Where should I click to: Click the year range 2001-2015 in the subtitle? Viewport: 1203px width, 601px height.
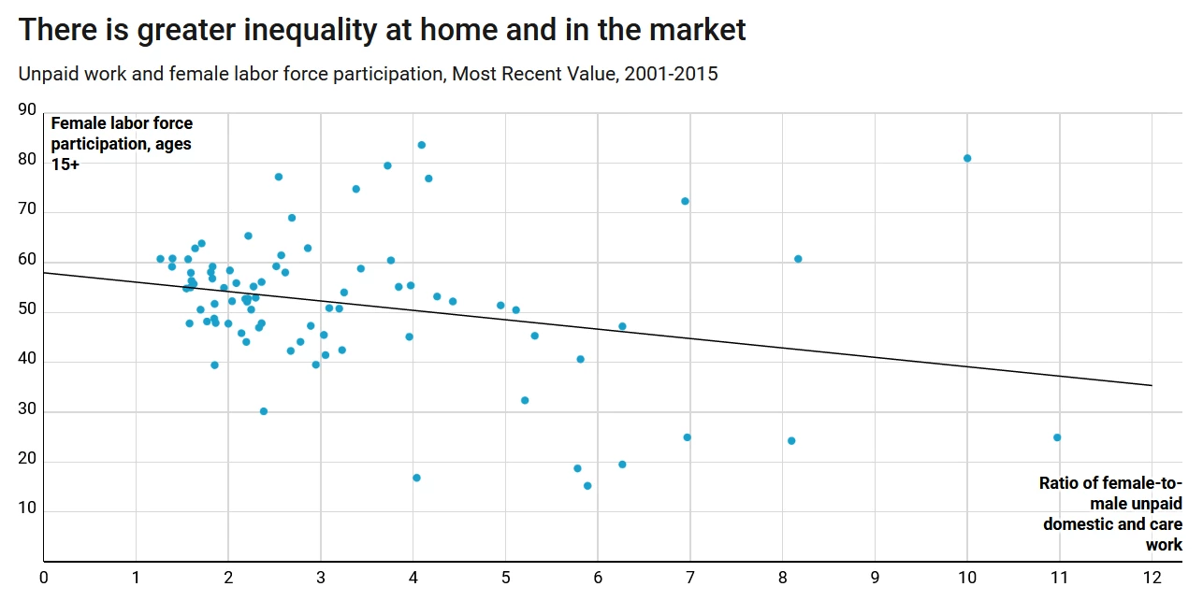[x=670, y=73]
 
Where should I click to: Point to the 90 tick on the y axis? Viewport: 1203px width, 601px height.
[x=26, y=109]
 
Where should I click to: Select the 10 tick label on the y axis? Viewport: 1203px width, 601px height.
[x=26, y=509]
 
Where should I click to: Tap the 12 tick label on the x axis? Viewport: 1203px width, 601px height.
[x=1152, y=578]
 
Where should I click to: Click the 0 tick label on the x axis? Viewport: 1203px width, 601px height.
[x=43, y=578]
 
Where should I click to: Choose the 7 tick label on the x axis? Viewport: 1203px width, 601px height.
[x=689, y=578]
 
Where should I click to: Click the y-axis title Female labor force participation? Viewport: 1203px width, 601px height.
[x=122, y=143]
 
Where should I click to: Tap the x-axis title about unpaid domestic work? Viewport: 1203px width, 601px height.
[x=1111, y=513]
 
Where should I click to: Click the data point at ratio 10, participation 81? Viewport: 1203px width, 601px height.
[x=967, y=158]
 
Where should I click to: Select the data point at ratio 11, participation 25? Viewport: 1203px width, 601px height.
[x=1057, y=437]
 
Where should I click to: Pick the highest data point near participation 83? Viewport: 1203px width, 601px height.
[x=422, y=145]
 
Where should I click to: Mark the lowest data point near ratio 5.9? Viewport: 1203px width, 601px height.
[x=587, y=486]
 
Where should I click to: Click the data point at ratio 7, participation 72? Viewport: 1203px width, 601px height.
[x=685, y=201]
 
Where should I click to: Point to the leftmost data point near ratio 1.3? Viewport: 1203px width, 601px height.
[x=160, y=259]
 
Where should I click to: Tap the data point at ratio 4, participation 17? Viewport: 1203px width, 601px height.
[x=416, y=478]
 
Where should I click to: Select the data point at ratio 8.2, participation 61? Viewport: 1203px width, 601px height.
[x=798, y=259]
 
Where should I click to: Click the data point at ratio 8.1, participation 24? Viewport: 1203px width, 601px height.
[x=791, y=441]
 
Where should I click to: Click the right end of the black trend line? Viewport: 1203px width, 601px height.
[x=1152, y=385]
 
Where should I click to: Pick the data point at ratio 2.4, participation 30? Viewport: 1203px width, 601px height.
[x=264, y=411]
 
